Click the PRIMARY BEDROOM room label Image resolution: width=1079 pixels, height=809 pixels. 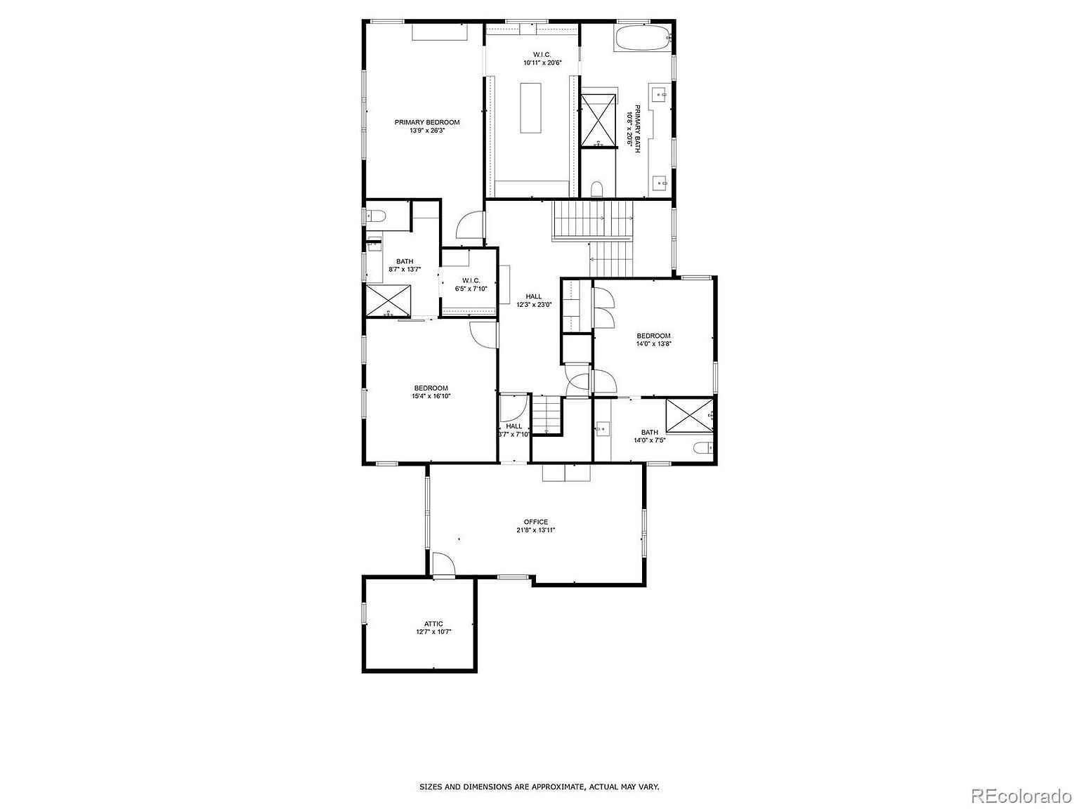(x=426, y=126)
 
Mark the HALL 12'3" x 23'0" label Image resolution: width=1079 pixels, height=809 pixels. (x=533, y=301)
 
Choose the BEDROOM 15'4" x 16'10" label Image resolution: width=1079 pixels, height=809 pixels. (x=431, y=392)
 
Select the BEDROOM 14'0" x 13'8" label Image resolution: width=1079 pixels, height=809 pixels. (x=653, y=340)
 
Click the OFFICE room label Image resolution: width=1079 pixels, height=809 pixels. (x=535, y=526)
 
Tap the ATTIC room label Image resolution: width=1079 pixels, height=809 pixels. (x=433, y=628)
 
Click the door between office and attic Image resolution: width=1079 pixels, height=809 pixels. (x=443, y=565)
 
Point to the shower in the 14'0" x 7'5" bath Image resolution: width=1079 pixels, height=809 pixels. (x=689, y=415)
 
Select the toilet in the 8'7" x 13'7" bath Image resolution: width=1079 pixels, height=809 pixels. (x=374, y=216)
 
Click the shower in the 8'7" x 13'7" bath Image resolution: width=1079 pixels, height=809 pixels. (x=387, y=301)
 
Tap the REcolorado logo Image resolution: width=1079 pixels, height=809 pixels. (x=1021, y=796)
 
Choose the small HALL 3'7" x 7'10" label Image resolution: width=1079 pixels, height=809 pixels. (x=514, y=430)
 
